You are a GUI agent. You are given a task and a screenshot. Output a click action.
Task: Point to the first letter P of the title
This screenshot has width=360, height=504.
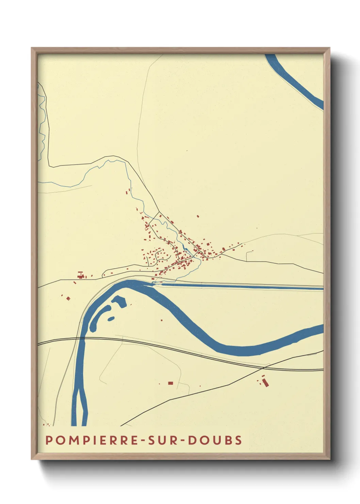(x=49, y=440)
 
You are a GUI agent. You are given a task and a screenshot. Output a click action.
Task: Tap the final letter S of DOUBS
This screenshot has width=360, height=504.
(x=239, y=440)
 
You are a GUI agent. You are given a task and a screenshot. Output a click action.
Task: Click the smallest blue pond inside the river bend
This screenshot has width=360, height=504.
(x=111, y=319)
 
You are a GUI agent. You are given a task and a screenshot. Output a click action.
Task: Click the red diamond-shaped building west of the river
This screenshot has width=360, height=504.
(x=68, y=299)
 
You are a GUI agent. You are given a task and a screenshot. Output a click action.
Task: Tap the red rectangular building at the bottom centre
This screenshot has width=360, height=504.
(x=170, y=383)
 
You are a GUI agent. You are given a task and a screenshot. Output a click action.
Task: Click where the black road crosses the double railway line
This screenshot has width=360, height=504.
(x=265, y=368)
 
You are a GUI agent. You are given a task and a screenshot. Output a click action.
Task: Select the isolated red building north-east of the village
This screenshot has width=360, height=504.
(x=198, y=216)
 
